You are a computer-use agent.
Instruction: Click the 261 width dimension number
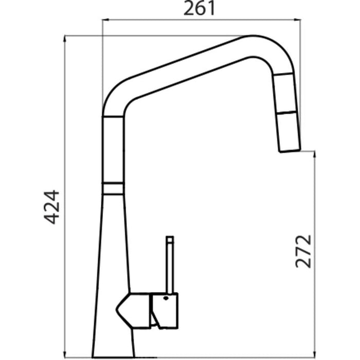(199, 9)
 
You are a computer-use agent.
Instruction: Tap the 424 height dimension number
(52, 207)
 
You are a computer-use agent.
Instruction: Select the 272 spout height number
(303, 251)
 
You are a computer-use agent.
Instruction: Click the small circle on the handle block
(166, 298)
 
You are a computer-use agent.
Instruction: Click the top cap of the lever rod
(170, 239)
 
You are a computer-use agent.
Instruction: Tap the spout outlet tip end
(290, 151)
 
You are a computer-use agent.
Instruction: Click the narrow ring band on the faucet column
(113, 189)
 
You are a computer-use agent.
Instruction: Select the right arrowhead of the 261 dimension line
(298, 20)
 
